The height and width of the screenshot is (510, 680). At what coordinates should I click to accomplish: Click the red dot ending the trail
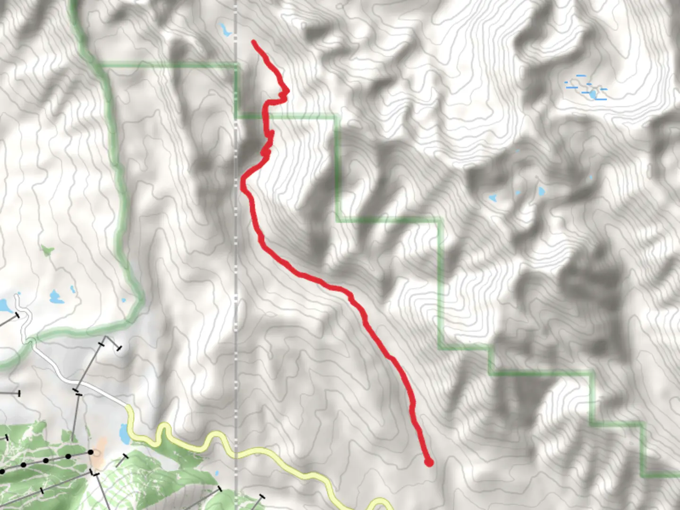click(x=429, y=462)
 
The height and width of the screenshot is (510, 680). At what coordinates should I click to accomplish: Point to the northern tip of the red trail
click(x=254, y=42)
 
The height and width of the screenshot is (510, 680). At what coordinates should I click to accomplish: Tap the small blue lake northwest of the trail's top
click(x=224, y=30)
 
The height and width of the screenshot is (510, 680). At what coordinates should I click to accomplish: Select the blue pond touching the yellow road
click(x=123, y=432)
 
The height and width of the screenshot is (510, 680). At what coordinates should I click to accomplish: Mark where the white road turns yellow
click(x=127, y=406)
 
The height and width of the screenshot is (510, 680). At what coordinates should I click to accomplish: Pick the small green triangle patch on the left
click(x=46, y=249)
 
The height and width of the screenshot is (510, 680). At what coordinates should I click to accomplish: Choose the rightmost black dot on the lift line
click(x=91, y=452)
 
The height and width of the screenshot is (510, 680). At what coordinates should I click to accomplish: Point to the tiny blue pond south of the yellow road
click(x=216, y=473)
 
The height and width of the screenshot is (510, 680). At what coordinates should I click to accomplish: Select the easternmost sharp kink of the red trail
click(x=286, y=91)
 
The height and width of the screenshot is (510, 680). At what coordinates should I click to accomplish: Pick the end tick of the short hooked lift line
click(x=119, y=348)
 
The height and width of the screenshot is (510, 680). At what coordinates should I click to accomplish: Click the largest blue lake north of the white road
click(x=56, y=297)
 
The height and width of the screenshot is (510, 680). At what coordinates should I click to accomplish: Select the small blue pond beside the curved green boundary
click(x=124, y=300)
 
